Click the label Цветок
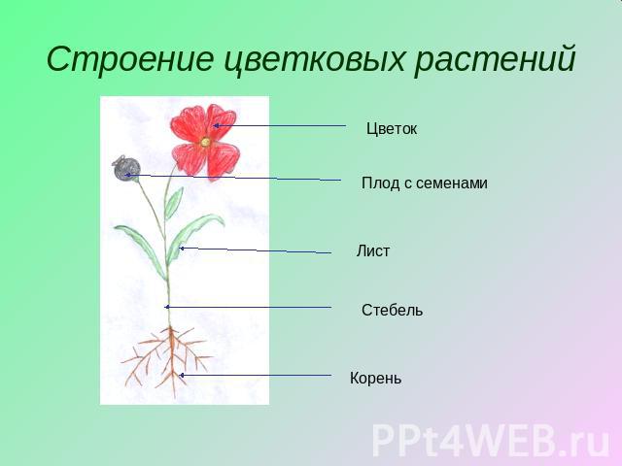click(x=392, y=129)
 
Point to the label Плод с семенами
click(x=425, y=183)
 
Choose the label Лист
click(x=373, y=250)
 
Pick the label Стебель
click(x=392, y=310)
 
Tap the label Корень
click(x=375, y=378)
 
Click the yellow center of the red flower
click(x=205, y=142)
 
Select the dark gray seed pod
click(x=125, y=169)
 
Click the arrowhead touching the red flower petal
click(x=216, y=126)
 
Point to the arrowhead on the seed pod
click(x=127, y=175)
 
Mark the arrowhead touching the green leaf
click(x=182, y=249)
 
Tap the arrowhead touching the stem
click(x=167, y=307)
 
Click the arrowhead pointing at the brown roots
click(x=182, y=375)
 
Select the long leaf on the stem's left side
click(x=141, y=250)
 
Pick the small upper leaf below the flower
click(x=174, y=202)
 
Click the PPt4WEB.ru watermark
click(x=490, y=440)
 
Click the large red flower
click(x=205, y=143)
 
